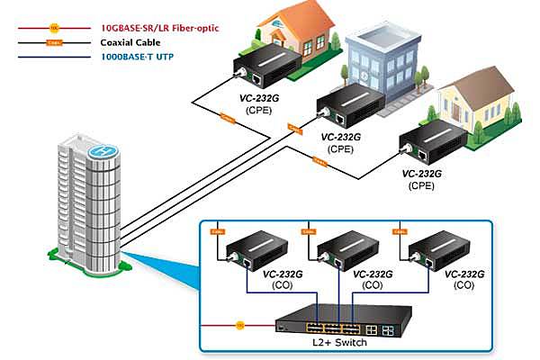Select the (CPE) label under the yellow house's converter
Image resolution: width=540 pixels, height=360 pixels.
pyautogui.click(x=421, y=185)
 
